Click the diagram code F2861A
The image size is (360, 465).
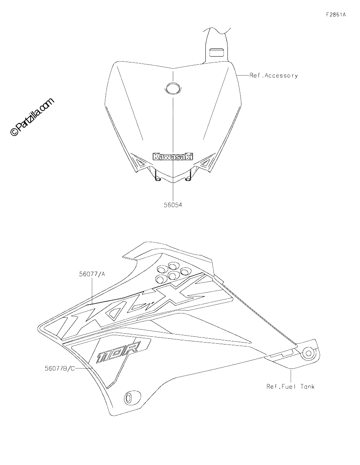click(336, 15)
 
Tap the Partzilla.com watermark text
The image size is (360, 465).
click(32, 117)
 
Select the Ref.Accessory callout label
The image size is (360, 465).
click(274, 76)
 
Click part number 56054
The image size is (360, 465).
click(173, 205)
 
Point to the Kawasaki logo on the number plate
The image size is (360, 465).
click(172, 157)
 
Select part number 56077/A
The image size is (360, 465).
click(92, 274)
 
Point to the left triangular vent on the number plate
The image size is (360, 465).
click(140, 163)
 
